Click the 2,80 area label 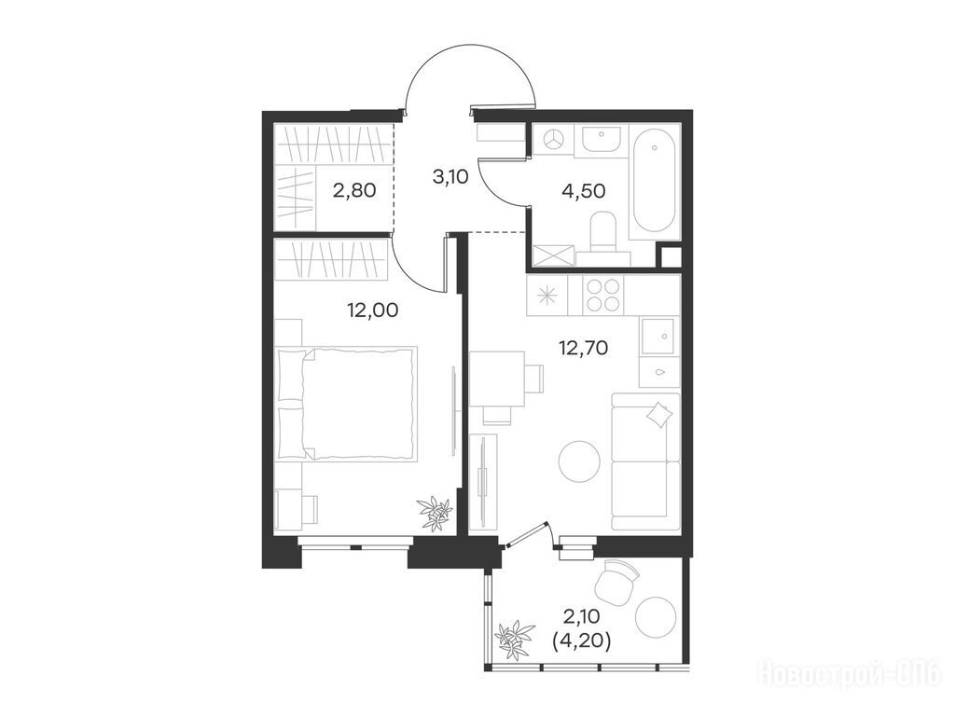coord(353,190)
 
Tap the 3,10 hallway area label coord(450,178)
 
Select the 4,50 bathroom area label coord(584,190)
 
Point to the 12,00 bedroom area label coord(373,310)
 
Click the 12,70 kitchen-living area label coord(584,349)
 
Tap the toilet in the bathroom coord(604,232)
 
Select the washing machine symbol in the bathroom coord(553,140)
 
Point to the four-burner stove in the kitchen coord(603,296)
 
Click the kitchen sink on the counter coord(659,335)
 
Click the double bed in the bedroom coord(347,403)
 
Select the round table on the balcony coord(656,617)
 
